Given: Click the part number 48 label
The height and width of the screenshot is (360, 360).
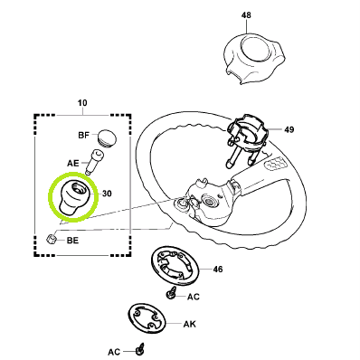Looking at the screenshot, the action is (246, 15).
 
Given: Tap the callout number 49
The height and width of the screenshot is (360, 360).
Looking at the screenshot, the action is (289, 129).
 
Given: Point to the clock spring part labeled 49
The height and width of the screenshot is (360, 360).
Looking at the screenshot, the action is (246, 138).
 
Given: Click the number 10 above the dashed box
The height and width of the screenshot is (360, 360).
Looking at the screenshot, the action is (82, 103).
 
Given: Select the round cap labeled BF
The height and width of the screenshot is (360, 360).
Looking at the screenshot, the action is (106, 137).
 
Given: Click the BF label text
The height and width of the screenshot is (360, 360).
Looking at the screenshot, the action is (84, 135).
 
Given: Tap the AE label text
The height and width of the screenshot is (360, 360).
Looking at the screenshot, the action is (72, 164).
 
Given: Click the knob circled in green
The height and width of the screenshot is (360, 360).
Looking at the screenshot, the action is (73, 198).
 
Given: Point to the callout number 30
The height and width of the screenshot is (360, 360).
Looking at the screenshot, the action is (107, 194).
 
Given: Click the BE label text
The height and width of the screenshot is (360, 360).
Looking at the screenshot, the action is (72, 241).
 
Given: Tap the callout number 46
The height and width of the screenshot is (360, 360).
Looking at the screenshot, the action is (218, 269).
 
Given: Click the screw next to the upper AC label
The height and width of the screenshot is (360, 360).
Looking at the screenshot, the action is (172, 293).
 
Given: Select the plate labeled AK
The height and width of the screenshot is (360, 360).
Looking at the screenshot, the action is (147, 320).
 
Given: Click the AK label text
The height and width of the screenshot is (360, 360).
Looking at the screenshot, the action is (190, 325).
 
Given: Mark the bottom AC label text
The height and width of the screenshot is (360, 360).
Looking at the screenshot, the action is (114, 352).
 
